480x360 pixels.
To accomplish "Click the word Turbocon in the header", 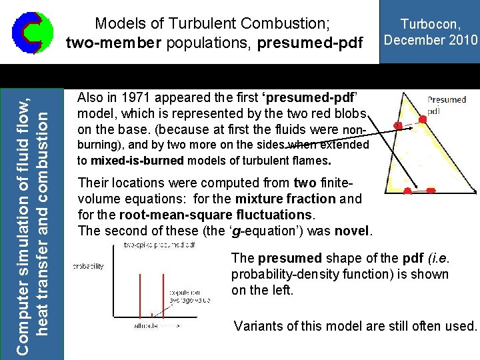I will click(429, 25).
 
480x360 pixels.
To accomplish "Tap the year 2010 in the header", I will click(463, 40).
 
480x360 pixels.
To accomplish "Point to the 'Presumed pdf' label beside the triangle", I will click(446, 104).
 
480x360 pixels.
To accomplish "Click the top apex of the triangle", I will click(406, 93).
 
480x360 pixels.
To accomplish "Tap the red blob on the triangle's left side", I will click(398, 125).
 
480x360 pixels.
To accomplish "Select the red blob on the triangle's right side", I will click(423, 119).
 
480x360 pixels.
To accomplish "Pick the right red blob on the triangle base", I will click(430, 191).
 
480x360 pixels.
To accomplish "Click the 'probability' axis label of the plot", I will click(88, 267).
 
